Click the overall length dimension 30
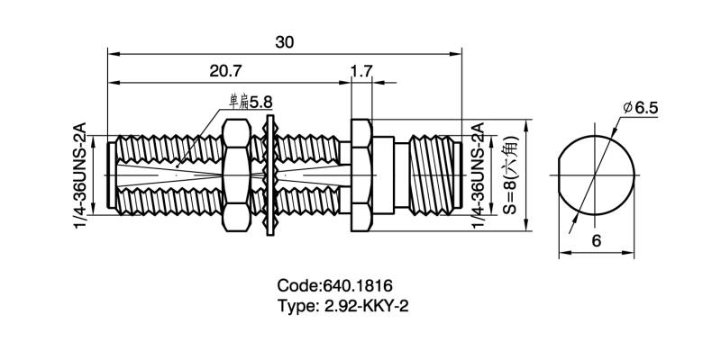[x=285, y=42]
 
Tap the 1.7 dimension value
[x=360, y=71]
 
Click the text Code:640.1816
[x=333, y=285]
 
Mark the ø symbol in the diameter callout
[x=625, y=109]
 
